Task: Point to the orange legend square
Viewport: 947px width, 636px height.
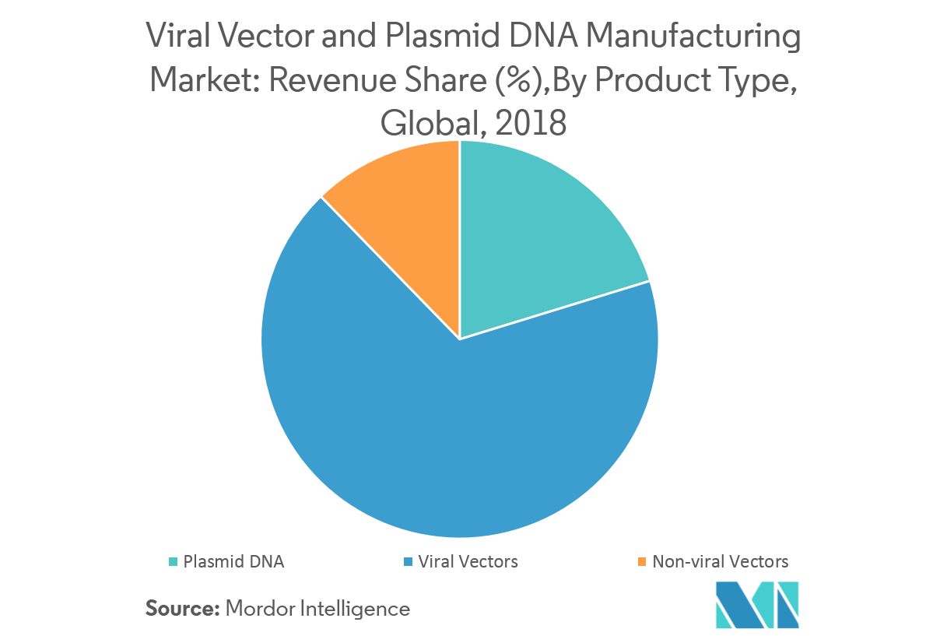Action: (x=641, y=561)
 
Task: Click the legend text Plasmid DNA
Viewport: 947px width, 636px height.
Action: (x=233, y=561)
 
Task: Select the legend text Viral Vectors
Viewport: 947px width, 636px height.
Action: (x=468, y=561)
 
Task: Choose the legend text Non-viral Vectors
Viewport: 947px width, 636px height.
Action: (x=721, y=561)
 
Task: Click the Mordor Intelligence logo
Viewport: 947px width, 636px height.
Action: (x=757, y=604)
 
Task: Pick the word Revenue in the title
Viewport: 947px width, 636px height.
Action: (x=315, y=81)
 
